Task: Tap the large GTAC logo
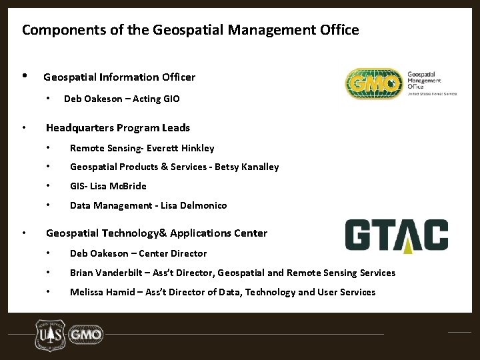(x=396, y=235)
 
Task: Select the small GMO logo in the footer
(x=86, y=333)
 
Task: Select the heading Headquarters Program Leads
(x=117, y=127)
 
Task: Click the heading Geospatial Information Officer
(x=119, y=77)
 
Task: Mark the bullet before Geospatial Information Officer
(x=24, y=76)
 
